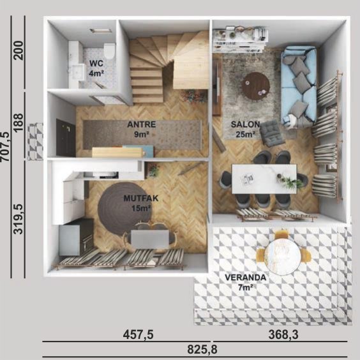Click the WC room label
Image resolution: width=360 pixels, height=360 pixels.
tap(96, 63)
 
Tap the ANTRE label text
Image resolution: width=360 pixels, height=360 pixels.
tap(142, 124)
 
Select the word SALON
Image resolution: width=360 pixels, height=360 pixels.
tap(245, 124)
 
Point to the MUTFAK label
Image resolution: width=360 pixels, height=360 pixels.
tap(141, 198)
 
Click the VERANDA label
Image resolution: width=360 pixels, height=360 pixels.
tap(246, 278)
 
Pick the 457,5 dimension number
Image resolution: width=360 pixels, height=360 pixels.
tap(139, 334)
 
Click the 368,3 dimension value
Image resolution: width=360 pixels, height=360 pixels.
tap(283, 334)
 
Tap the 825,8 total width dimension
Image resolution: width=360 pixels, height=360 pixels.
tap(202, 350)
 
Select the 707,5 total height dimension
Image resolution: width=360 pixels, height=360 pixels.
tap(5, 147)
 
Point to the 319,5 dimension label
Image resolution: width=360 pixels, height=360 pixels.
tap(19, 219)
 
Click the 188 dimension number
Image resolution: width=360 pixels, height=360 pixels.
tap(19, 122)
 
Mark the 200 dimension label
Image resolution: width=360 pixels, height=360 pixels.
tap(19, 50)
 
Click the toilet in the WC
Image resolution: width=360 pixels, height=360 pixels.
tap(110, 51)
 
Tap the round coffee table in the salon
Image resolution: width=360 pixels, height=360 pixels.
tap(257, 86)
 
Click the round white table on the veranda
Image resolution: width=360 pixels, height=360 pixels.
tap(282, 257)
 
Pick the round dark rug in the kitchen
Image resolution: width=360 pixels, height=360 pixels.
tap(124, 209)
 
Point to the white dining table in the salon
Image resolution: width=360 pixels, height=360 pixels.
tap(264, 179)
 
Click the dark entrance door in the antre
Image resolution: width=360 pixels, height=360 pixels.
tap(66, 138)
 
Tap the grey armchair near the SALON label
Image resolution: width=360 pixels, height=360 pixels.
tap(271, 133)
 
